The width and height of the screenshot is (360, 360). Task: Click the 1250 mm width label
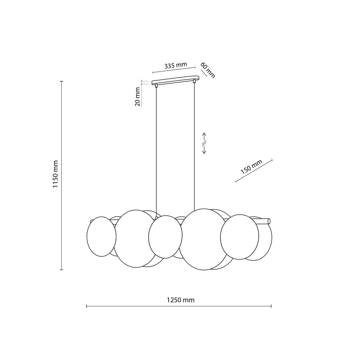180,300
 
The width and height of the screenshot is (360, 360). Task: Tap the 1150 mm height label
55,174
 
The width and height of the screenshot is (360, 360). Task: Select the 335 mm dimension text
176,65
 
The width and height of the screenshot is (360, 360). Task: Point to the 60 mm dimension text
208,70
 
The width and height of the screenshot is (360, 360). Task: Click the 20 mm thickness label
137,97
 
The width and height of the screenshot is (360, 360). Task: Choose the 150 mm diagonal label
251,167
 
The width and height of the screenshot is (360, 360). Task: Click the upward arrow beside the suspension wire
204,137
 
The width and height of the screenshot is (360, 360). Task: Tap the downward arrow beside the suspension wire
204,150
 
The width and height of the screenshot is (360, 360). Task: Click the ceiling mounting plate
175,80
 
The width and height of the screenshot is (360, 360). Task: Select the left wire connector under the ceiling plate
156,86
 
